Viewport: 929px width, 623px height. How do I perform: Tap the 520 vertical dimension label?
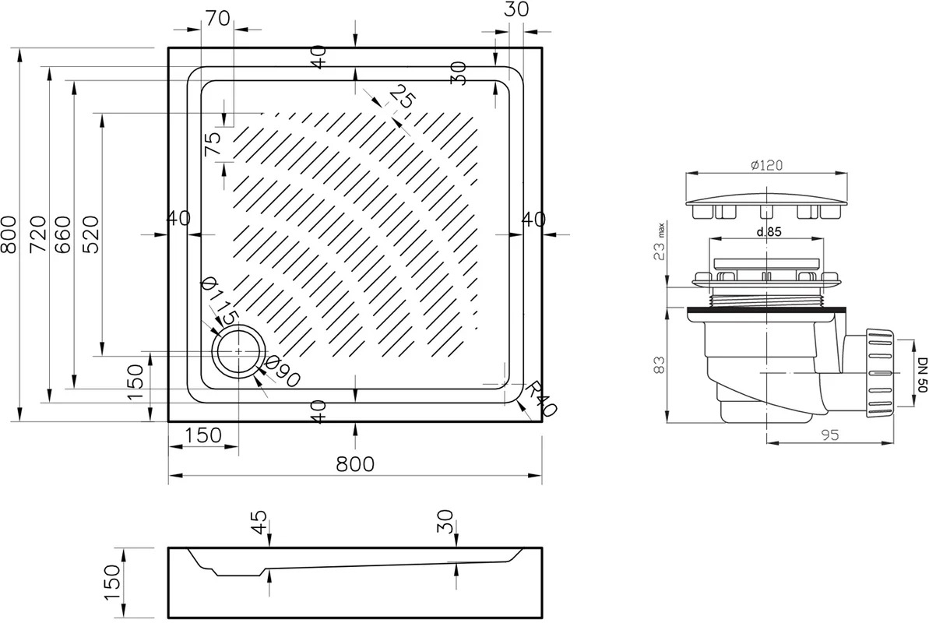point(90,234)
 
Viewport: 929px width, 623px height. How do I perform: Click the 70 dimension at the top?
point(218,19)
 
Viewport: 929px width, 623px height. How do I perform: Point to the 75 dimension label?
point(212,143)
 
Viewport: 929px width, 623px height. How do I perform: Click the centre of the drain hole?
point(239,351)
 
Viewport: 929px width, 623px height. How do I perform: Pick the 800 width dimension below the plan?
point(356,463)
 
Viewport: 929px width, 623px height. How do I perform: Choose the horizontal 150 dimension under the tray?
point(202,435)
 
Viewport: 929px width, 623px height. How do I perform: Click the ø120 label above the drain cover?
point(766,165)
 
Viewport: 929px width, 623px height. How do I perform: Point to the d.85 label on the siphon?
point(769,232)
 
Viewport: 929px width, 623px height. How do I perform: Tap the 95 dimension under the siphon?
point(831,435)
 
